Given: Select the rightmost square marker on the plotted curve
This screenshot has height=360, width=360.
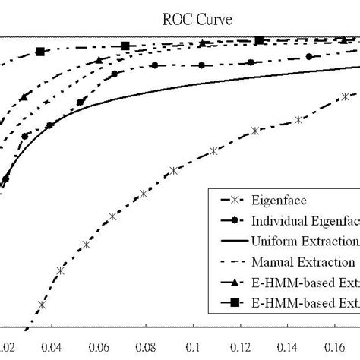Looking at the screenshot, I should pyautogui.click(x=259, y=40).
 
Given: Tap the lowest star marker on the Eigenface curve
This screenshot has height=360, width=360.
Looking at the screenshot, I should pyautogui.click(x=42, y=305).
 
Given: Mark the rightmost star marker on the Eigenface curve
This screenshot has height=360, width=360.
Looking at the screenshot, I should pyautogui.click(x=345, y=96).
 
